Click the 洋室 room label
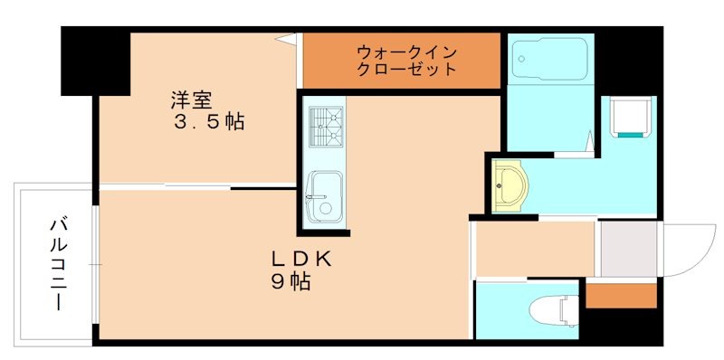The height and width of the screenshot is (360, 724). pyautogui.click(x=194, y=97)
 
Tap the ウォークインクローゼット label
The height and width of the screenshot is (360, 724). pyautogui.click(x=400, y=59)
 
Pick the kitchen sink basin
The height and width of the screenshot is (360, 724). pyautogui.click(x=321, y=196)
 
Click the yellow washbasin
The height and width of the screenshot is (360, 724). pyautogui.click(x=510, y=185)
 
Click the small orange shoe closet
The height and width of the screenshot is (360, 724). pyautogui.click(x=621, y=295)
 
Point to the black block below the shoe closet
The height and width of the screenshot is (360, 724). pyautogui.click(x=622, y=323)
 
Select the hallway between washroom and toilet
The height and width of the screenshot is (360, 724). pyautogui.click(x=534, y=248)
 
